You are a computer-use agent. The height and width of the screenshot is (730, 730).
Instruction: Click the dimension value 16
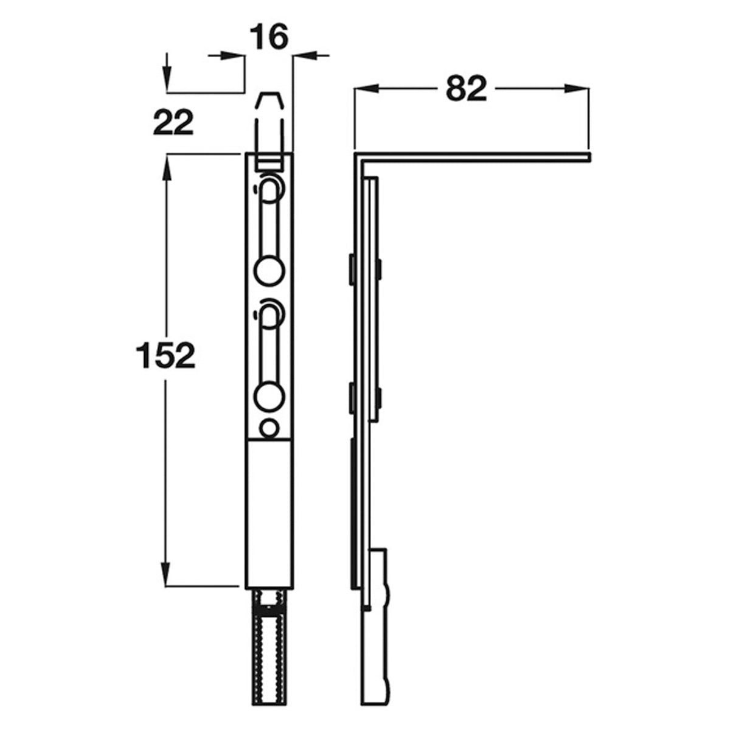coord(268,37)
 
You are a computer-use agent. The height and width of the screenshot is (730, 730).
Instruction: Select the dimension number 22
coord(173,123)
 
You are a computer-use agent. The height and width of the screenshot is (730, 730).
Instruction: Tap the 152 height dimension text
coord(165,356)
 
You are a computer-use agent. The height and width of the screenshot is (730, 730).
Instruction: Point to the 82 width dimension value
coord(466,89)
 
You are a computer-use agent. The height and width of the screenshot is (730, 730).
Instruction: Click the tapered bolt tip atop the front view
coord(269,109)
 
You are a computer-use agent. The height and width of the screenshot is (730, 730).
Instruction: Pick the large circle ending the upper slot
coord(269,269)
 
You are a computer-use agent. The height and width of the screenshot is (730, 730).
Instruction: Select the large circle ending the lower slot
coord(269,396)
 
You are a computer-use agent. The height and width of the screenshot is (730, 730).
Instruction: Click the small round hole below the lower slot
coord(268,428)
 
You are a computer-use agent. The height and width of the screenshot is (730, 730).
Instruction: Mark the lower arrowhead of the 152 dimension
coord(165,575)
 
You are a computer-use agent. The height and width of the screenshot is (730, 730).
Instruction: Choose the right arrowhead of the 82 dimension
coord(578,89)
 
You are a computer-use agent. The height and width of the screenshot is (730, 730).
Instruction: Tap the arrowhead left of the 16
coord(234,56)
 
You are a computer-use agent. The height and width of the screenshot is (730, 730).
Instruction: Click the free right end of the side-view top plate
coord(587,158)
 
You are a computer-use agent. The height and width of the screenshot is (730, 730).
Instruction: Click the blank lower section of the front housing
coord(269,511)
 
